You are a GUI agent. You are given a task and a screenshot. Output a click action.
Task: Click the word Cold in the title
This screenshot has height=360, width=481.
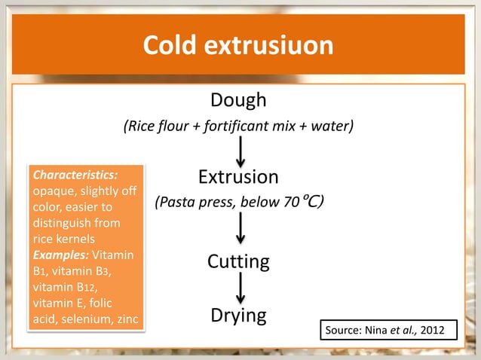(x=169, y=45)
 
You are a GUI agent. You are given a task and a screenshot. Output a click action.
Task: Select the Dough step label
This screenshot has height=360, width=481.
(x=238, y=99)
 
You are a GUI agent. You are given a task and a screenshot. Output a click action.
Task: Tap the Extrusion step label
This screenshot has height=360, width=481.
(x=238, y=177)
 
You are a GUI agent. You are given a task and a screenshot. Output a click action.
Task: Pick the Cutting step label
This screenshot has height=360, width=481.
(x=238, y=262)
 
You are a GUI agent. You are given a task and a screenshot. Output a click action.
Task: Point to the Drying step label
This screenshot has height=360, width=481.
(x=238, y=315)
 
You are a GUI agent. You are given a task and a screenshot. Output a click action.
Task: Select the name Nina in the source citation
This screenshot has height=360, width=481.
(x=376, y=330)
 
